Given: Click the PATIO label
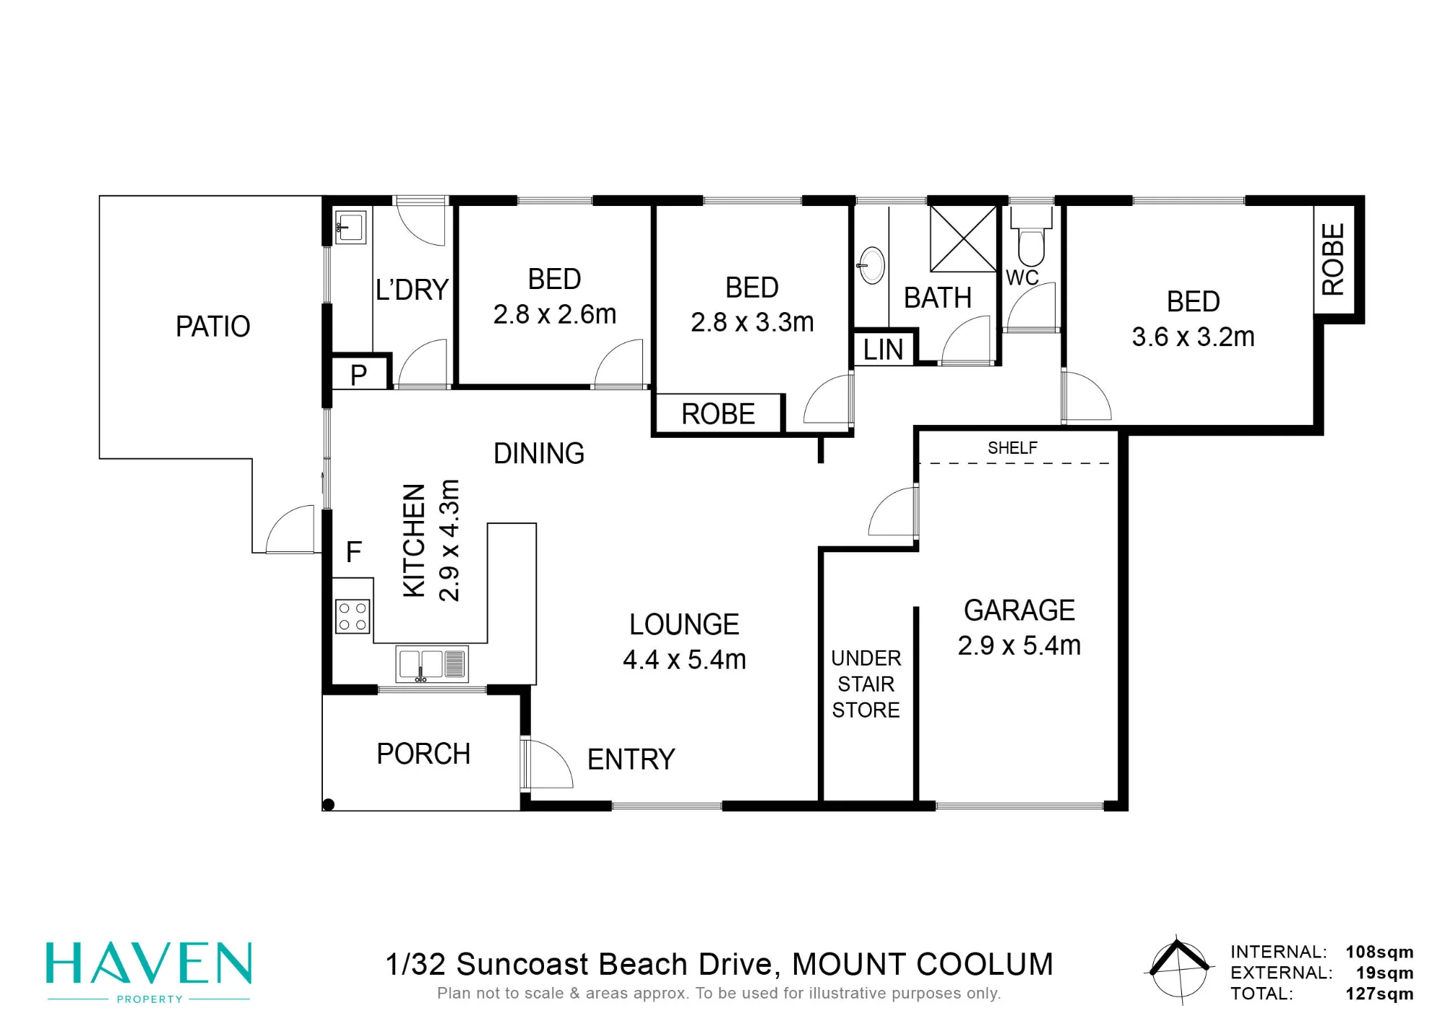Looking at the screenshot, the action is click(x=213, y=327).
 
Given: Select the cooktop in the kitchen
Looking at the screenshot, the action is click(x=353, y=616).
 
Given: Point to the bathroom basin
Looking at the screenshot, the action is click(x=872, y=265).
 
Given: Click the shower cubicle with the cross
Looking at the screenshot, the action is click(x=963, y=239).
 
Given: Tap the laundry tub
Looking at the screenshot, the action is click(x=350, y=227).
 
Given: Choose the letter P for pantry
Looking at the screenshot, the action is click(x=358, y=375).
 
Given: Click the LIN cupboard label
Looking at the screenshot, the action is click(x=883, y=350).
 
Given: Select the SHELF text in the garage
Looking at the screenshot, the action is click(x=1012, y=448).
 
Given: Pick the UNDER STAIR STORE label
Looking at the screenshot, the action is click(x=866, y=684).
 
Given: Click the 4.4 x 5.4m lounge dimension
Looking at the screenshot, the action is click(x=684, y=660).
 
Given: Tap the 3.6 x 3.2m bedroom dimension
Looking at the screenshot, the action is click(x=1193, y=337).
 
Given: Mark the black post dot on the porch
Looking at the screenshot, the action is click(x=328, y=804).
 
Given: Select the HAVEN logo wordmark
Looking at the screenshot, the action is click(x=149, y=963).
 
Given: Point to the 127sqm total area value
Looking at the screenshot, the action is click(x=1379, y=994).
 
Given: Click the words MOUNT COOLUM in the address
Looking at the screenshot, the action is click(x=923, y=965).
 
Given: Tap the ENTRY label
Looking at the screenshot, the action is click(x=631, y=759).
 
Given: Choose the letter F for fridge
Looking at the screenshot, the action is click(x=353, y=553).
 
